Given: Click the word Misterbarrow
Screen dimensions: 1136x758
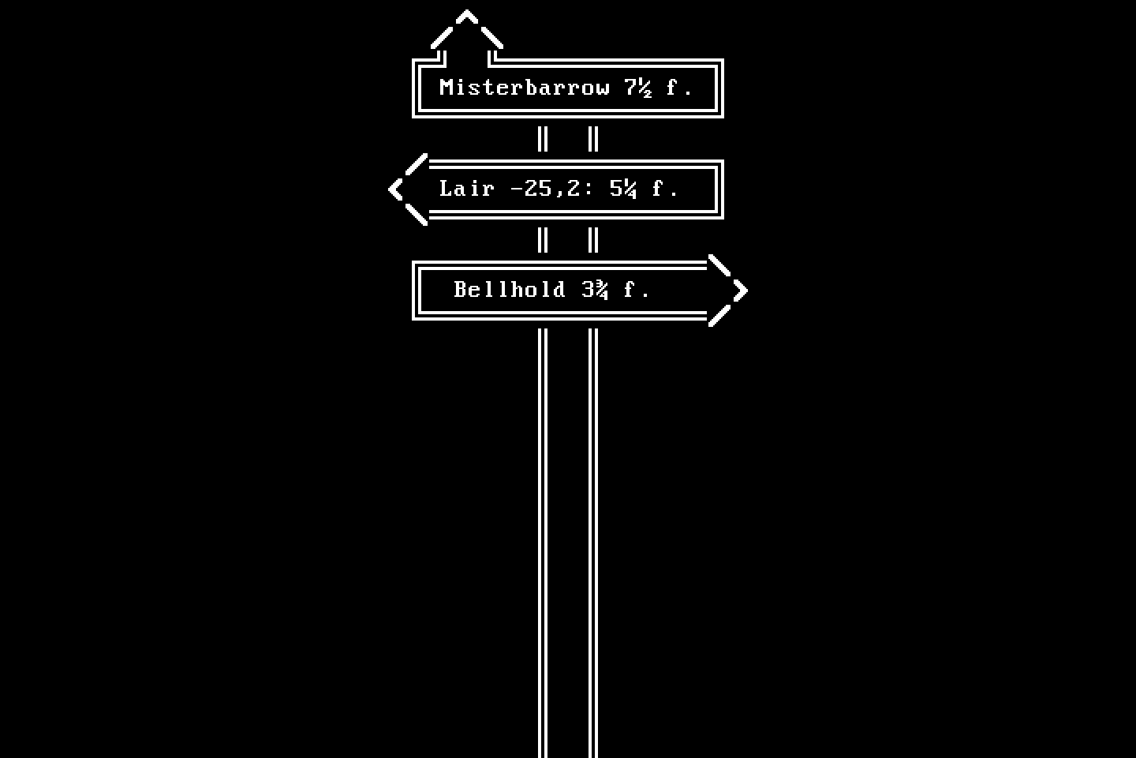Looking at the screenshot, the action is point(525,88).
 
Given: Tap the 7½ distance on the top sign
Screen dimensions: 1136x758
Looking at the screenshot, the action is point(638,88).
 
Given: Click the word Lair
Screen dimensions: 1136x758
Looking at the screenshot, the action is point(466,189).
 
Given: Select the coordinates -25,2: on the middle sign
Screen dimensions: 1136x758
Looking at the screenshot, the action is point(551,189).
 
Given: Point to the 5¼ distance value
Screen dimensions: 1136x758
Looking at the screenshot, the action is point(622,189).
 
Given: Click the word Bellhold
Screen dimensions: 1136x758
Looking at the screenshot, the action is point(509,290).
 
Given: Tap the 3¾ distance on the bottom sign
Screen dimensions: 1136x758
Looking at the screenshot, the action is point(594,290).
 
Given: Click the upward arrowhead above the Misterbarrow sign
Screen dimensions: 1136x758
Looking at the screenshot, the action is point(466,29).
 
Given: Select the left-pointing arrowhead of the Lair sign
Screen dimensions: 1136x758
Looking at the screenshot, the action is point(408,189).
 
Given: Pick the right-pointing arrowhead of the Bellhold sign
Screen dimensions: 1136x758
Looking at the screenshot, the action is point(728,291).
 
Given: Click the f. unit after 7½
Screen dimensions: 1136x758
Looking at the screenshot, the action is point(679,88).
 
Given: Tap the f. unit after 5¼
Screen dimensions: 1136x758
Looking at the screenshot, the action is point(665,189).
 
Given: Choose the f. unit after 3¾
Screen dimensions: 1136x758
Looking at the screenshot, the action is point(637,290).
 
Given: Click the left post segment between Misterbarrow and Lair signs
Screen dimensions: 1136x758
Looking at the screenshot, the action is point(543,139).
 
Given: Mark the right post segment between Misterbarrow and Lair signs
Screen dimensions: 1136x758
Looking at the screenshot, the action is point(593,139).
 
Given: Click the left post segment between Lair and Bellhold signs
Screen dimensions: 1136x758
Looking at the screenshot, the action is point(543,240).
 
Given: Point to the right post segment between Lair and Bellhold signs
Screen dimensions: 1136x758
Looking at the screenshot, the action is point(593,240).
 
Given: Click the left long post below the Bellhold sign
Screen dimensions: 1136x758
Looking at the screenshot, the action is point(543,543).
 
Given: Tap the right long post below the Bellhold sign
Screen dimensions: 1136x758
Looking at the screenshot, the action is point(593,543).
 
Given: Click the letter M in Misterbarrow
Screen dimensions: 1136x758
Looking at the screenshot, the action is point(446,88).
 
